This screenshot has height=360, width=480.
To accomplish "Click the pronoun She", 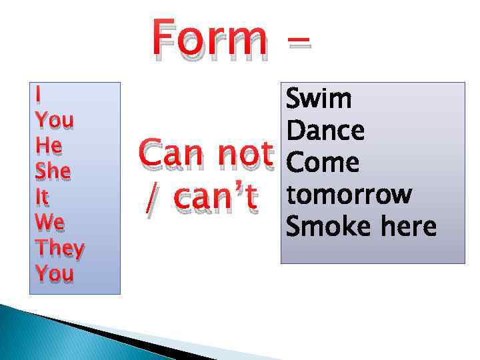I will (53, 172).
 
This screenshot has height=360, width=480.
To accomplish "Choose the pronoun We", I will (49, 223).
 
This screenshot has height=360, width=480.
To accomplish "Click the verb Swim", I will (319, 99).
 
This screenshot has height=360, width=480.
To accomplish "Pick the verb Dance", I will (325, 131).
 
